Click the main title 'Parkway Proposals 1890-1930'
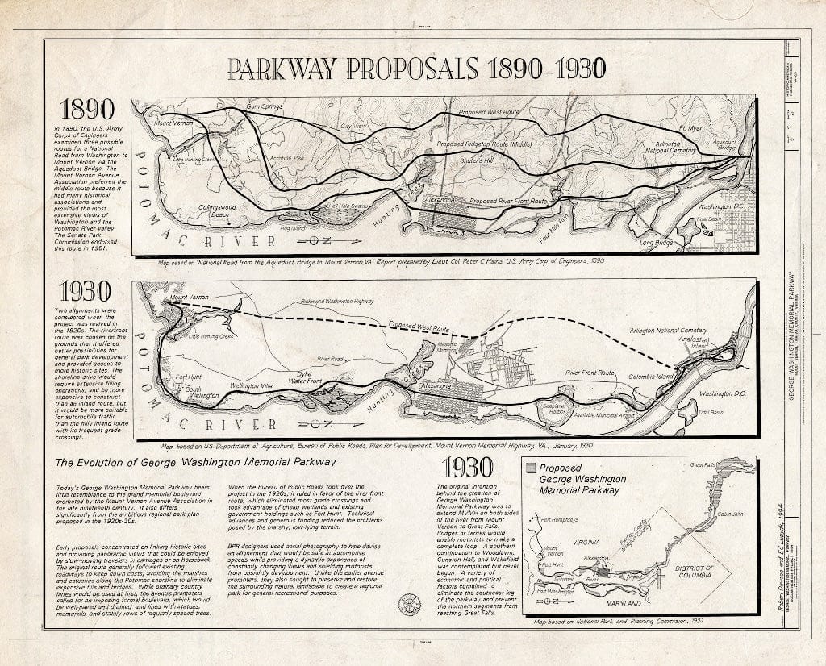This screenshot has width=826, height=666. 416,69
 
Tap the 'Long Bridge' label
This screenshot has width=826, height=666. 656,241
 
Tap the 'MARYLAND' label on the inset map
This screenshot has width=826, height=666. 622,602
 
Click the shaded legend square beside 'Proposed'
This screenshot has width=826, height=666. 530,467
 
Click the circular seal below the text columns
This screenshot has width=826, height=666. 410,605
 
